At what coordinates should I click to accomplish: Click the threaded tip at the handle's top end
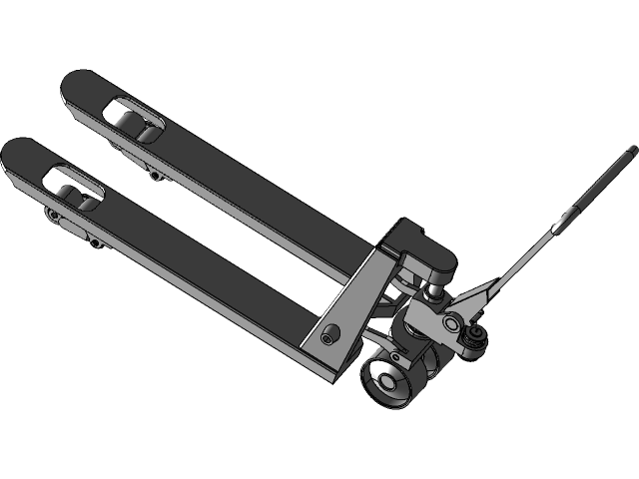631,151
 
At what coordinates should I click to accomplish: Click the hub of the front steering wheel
383,380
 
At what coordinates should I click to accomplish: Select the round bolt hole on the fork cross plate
329,336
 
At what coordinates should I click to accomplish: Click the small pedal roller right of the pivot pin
477,331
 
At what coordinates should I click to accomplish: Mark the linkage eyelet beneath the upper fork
155,175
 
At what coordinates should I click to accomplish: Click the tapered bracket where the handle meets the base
485,295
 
